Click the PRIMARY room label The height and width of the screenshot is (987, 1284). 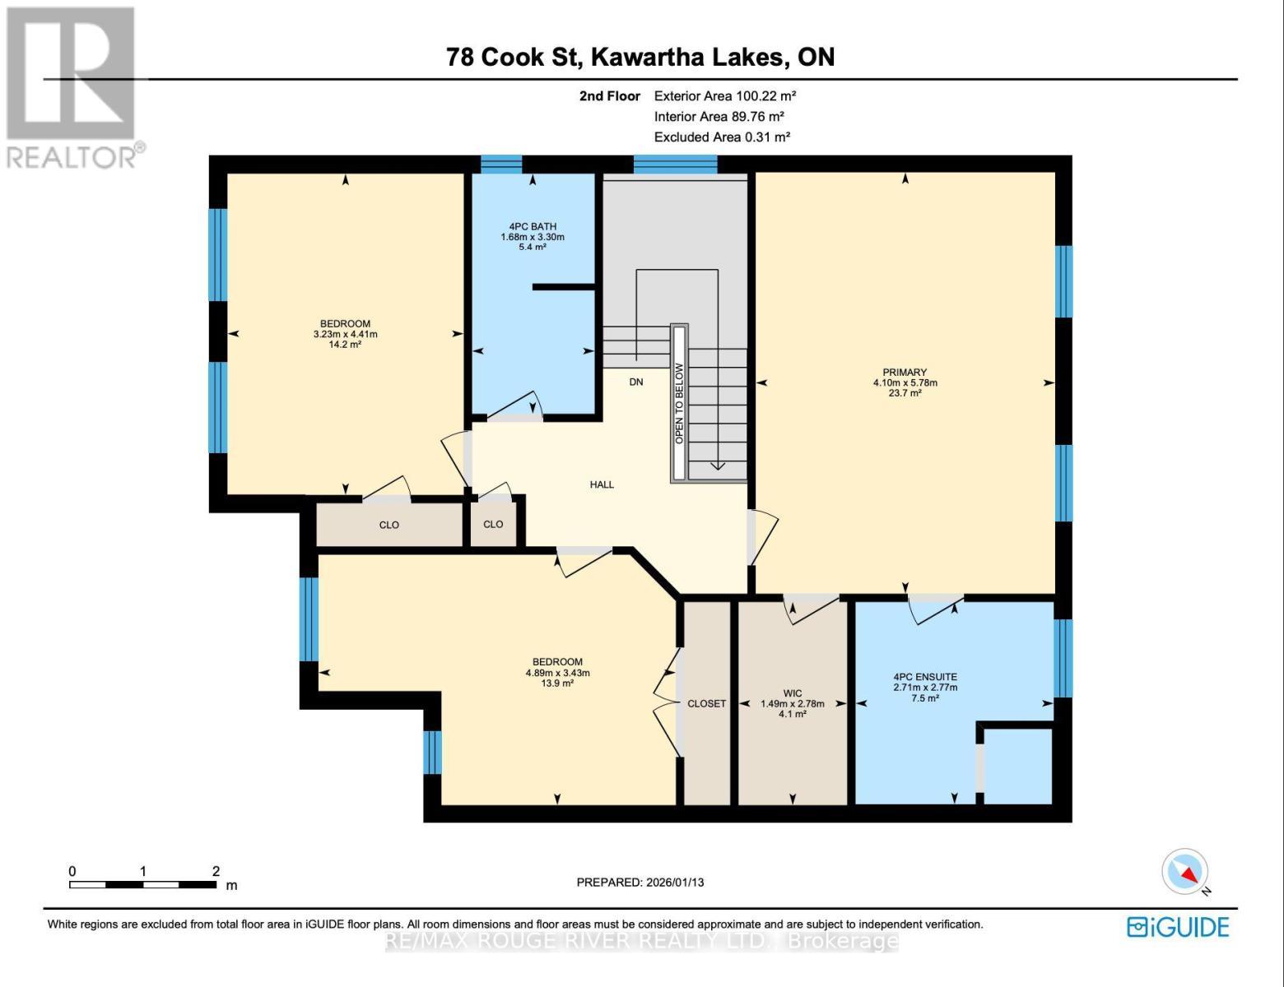pyautogui.click(x=905, y=373)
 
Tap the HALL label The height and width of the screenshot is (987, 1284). pyautogui.click(x=602, y=484)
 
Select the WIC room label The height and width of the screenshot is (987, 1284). pyautogui.click(x=793, y=693)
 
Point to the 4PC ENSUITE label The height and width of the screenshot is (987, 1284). pyautogui.click(x=925, y=677)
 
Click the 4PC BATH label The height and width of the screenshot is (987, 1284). pyautogui.click(x=533, y=227)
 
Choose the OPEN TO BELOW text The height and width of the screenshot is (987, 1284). pyautogui.click(x=679, y=404)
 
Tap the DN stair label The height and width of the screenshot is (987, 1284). pyautogui.click(x=635, y=382)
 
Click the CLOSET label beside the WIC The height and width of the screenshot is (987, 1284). pyautogui.click(x=707, y=704)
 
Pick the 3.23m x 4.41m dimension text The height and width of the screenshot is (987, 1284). pyautogui.click(x=345, y=334)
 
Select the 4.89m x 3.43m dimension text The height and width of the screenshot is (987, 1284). pyautogui.click(x=557, y=673)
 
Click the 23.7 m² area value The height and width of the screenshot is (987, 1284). pyautogui.click(x=905, y=393)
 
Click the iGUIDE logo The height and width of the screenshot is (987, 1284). pyautogui.click(x=1178, y=928)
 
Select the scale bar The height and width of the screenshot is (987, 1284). pyautogui.click(x=143, y=885)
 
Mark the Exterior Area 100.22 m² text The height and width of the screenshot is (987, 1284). pyautogui.click(x=725, y=96)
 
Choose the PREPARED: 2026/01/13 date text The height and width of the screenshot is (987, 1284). pyautogui.click(x=640, y=883)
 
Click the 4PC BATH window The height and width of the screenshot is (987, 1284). pyautogui.click(x=501, y=164)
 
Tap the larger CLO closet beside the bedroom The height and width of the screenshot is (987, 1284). pyautogui.click(x=389, y=524)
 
